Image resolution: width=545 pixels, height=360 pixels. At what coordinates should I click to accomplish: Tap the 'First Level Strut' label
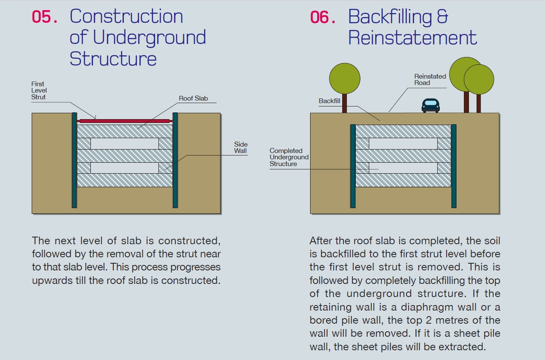pos(39,90)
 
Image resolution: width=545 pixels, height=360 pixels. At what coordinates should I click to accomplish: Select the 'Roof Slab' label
pos(193,98)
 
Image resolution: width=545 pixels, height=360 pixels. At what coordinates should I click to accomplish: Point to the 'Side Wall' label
pos(241,147)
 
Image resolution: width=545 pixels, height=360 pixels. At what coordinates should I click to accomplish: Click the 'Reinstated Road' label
pos(430,79)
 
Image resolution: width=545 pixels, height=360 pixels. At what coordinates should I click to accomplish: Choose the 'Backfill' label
pos(330,101)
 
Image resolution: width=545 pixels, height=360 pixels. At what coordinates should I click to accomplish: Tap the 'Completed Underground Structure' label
pos(289,157)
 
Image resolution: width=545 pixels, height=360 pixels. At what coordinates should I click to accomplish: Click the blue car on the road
pos(431,105)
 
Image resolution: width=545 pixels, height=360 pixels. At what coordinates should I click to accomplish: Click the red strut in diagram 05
pos(125,121)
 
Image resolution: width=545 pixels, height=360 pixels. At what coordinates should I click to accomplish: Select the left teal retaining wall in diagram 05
pos(74,160)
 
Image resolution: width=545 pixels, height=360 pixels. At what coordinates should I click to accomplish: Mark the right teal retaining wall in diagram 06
pos(454,166)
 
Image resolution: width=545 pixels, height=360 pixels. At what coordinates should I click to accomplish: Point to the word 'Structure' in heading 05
pos(113,59)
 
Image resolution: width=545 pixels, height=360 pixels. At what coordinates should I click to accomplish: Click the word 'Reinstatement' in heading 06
pos(412,38)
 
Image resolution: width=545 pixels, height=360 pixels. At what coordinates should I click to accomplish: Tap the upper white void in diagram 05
pos(125,144)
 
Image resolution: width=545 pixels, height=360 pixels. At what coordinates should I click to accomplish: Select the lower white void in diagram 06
pos(403,168)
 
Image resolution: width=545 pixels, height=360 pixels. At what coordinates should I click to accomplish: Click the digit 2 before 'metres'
pos(428,320)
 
